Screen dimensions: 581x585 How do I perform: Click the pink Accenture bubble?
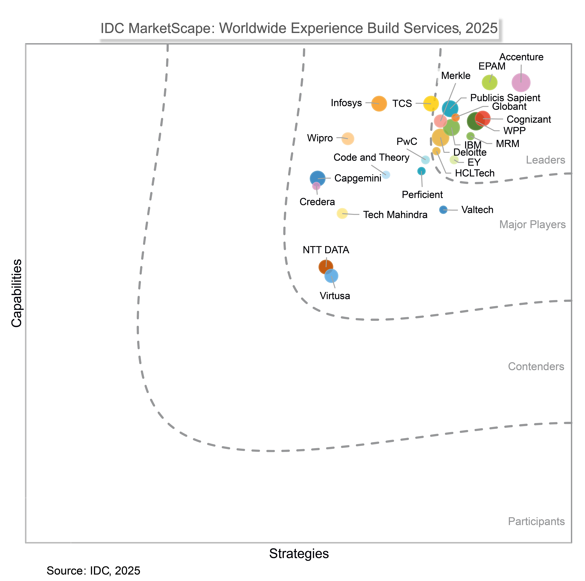pyautogui.click(x=521, y=82)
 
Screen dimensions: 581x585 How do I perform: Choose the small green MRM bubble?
pyautogui.click(x=470, y=136)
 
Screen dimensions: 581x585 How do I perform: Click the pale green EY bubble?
pyautogui.click(x=454, y=160)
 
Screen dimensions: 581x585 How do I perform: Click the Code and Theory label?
pyautogui.click(x=371, y=158)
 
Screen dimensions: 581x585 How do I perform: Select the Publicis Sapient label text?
pyautogui.click(x=505, y=98)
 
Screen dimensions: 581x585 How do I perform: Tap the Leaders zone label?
pyautogui.click(x=545, y=160)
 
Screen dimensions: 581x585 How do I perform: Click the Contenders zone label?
pyautogui.click(x=536, y=367)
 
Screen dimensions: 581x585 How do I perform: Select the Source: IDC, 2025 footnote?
pyautogui.click(x=93, y=571)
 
